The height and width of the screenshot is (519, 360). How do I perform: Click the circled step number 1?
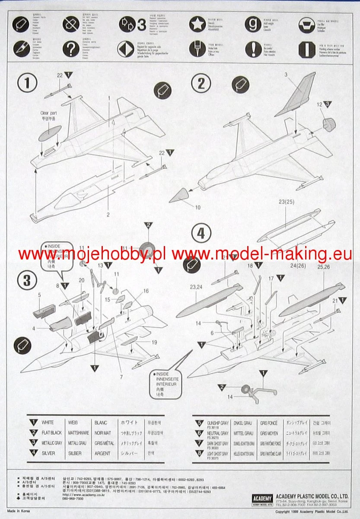(27, 83)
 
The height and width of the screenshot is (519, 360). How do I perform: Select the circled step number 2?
(201, 83)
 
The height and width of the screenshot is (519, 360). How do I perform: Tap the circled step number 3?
(27, 281)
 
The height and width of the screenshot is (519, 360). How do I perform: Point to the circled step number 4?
(201, 234)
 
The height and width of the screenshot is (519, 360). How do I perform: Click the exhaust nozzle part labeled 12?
(330, 124)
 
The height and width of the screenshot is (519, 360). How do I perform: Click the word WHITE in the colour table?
(48, 422)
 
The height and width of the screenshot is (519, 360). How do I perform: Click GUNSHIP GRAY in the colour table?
(219, 422)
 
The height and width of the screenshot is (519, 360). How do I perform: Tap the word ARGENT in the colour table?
(102, 454)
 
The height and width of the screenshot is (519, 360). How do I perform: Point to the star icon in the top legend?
(198, 24)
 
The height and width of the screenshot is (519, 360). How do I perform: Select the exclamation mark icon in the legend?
(253, 48)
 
